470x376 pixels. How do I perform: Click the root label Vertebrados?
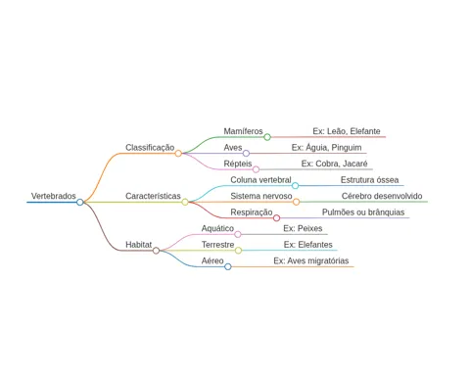click(x=54, y=196)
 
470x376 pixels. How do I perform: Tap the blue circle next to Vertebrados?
click(x=80, y=203)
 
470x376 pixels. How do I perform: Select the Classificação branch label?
click(x=150, y=148)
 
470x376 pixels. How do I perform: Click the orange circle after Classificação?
click(x=178, y=154)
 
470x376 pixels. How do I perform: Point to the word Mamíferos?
click(x=243, y=131)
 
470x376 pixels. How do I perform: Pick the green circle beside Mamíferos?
click(x=267, y=137)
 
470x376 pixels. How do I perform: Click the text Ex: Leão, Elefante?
click(x=347, y=131)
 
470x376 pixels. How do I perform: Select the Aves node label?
click(x=233, y=148)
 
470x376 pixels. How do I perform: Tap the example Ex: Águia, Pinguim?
click(x=326, y=148)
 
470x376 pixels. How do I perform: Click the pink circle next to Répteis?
click(x=257, y=169)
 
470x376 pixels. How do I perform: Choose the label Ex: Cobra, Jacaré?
click(x=334, y=164)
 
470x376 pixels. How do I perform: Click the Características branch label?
click(x=153, y=196)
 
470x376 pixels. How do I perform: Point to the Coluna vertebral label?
click(x=260, y=180)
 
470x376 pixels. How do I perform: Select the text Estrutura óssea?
click(x=370, y=180)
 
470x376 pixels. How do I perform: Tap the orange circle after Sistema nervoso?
click(x=296, y=202)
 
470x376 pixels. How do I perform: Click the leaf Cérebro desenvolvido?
click(x=382, y=196)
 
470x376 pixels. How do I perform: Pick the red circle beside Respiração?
click(x=276, y=218)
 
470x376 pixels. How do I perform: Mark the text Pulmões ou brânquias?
click(x=363, y=212)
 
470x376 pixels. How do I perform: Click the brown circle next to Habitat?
click(x=156, y=251)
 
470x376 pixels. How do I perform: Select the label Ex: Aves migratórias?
click(x=311, y=260)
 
